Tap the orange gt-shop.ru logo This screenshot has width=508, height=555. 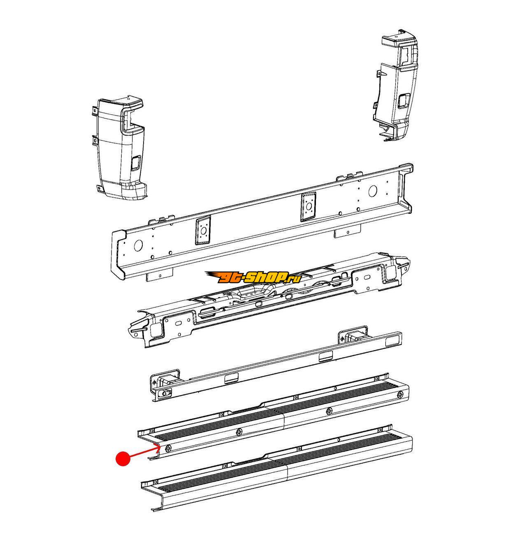point(253,277)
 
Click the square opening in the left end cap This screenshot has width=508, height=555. point(136,162)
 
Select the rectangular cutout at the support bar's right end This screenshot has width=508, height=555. point(391,343)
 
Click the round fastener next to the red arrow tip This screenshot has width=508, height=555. point(167,449)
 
